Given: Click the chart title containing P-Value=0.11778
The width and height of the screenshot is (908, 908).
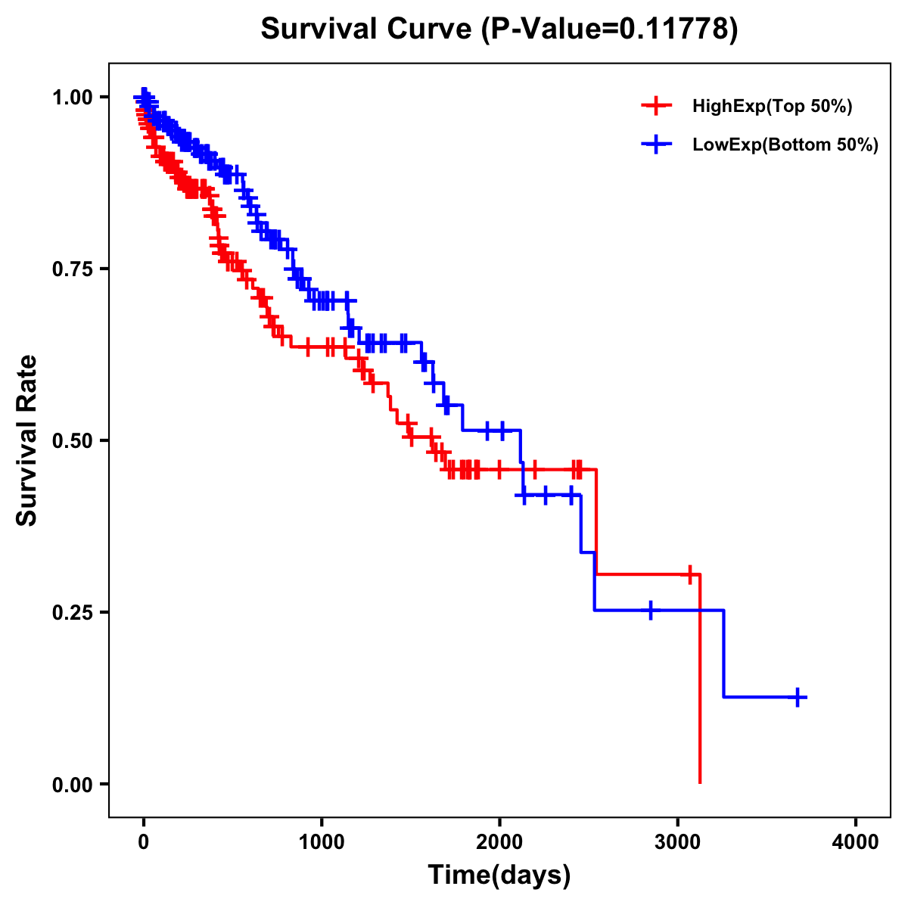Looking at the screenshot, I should pyautogui.click(x=499, y=29).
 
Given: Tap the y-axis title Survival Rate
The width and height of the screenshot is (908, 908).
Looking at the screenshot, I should pyautogui.click(x=27, y=440).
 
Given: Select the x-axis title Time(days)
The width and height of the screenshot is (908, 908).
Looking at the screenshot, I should pyautogui.click(x=499, y=875).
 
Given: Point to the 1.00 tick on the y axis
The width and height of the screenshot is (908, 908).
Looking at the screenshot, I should pyautogui.click(x=73, y=97).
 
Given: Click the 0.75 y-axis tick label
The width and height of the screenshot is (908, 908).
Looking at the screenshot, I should pyautogui.click(x=73, y=269).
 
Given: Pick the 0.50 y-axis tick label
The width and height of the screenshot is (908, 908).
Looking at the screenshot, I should pyautogui.click(x=73, y=440).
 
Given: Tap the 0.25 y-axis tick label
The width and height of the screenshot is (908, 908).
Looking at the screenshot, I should pyautogui.click(x=73, y=612).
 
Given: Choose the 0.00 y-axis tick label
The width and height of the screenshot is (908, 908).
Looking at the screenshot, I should pyautogui.click(x=73, y=784).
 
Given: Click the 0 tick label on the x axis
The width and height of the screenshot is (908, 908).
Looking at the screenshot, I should pyautogui.click(x=144, y=842).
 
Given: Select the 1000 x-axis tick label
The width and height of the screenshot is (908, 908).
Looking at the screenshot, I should pyautogui.click(x=322, y=842).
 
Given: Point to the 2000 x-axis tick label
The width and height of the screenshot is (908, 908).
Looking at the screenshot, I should pyautogui.click(x=499, y=842).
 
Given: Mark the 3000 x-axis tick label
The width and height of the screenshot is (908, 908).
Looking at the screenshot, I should pyautogui.click(x=678, y=842).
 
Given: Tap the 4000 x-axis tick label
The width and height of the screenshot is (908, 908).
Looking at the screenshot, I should pyautogui.click(x=856, y=842).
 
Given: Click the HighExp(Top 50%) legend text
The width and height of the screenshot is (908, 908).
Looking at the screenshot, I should pyautogui.click(x=773, y=107).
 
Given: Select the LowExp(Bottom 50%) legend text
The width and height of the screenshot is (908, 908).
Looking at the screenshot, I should pyautogui.click(x=785, y=145).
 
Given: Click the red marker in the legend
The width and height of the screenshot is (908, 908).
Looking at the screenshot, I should pyautogui.click(x=656, y=106).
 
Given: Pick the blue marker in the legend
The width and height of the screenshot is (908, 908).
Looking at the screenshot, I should pyautogui.click(x=656, y=145).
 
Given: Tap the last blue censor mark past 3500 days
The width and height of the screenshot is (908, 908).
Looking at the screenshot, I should pyautogui.click(x=798, y=697).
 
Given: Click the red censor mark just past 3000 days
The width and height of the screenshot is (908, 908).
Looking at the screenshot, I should pyautogui.click(x=689, y=574).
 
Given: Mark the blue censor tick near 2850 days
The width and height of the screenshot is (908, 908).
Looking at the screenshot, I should pyautogui.click(x=650, y=610).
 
